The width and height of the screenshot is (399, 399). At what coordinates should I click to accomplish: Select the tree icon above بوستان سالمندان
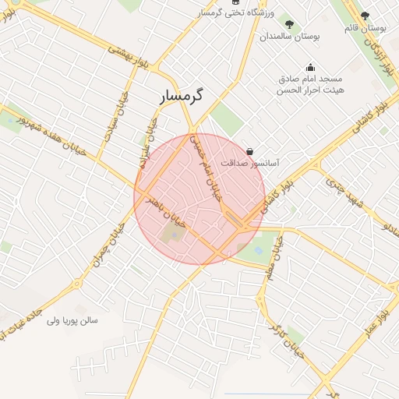[x=291, y=25]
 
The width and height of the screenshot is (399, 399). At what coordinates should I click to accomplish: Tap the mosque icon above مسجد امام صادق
[x=310, y=67]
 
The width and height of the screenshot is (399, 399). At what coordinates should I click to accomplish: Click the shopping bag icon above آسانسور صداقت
[x=249, y=151]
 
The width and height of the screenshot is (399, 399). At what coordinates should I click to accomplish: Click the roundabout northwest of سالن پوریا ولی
[x=77, y=283]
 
